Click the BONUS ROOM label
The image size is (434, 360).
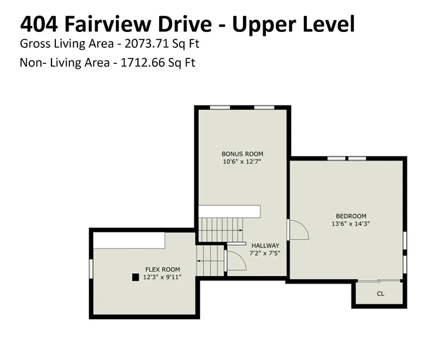point(242,154)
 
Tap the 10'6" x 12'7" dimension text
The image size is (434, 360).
point(242,162)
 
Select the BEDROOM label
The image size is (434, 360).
point(351,216)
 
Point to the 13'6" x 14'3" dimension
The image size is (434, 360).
point(351,223)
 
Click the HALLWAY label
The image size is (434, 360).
point(265,245)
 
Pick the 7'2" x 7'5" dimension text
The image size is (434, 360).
point(265,253)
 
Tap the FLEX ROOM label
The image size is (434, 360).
point(163,269)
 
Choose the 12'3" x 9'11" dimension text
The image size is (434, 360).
point(162,277)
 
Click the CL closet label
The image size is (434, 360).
point(380,294)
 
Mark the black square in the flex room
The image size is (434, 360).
point(135,277)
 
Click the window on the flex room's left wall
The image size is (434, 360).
point(91,269)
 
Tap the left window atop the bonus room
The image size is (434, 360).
point(220,107)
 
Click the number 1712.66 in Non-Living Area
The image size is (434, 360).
point(143,62)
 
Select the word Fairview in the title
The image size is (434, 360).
point(108,24)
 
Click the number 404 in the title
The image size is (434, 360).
point(39,24)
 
